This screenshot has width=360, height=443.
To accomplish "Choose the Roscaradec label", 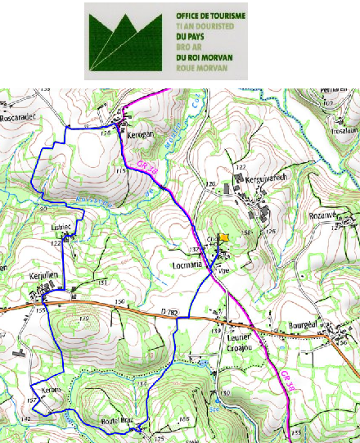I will coord(20,116).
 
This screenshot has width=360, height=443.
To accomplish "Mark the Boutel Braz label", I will coord(115,421).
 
